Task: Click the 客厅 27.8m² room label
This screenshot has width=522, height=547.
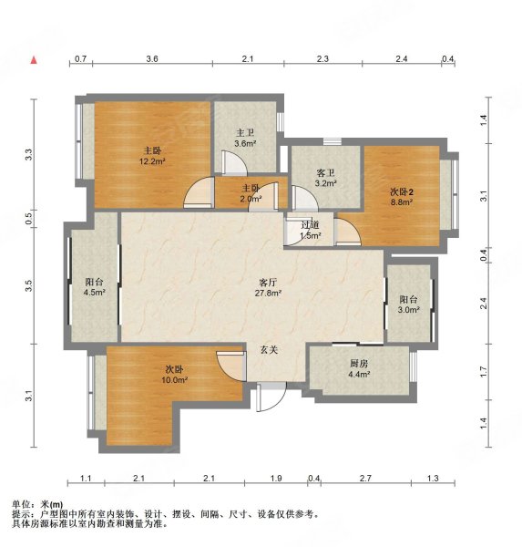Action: pyautogui.click(x=267, y=288)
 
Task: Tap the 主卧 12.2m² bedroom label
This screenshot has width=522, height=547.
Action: pyautogui.click(x=151, y=156)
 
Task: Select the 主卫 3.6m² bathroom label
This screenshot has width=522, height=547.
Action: pyautogui.click(x=245, y=138)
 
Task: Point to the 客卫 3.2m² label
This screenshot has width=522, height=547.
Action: pyautogui.click(x=325, y=178)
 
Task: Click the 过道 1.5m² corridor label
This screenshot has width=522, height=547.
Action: pyautogui.click(x=310, y=230)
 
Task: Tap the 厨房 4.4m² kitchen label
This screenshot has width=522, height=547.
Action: pyautogui.click(x=359, y=367)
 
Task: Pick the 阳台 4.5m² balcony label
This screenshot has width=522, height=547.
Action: pyautogui.click(x=95, y=287)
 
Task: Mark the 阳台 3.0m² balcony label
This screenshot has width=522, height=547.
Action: pyautogui.click(x=409, y=304)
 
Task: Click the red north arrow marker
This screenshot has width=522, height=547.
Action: pyautogui.click(x=33, y=60)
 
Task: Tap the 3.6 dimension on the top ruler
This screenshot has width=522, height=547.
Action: pyautogui.click(x=151, y=58)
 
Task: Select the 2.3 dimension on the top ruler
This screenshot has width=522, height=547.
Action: pyautogui.click(x=322, y=58)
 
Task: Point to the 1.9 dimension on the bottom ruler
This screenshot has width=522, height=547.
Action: pyautogui.click(x=275, y=479)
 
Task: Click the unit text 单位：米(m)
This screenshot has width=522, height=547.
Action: pyautogui.click(x=37, y=504)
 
